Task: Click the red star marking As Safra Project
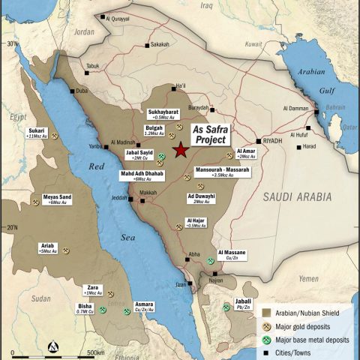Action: point(181,151)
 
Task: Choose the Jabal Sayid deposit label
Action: point(139,155)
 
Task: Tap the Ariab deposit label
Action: point(47,247)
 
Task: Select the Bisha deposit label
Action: point(85,308)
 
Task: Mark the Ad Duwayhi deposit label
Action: point(201,199)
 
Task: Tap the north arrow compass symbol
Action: point(52,346)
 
